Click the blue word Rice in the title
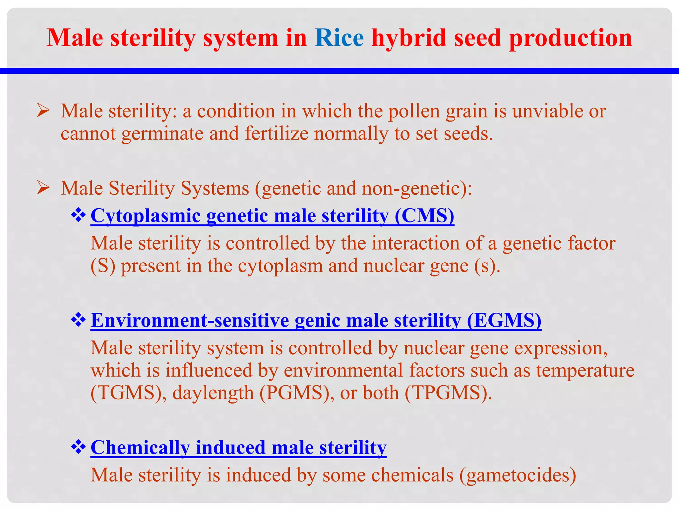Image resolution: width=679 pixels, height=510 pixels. [x=339, y=38]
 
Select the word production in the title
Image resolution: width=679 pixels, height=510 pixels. [x=570, y=38]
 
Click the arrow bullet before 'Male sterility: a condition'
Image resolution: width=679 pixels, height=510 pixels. [x=43, y=111]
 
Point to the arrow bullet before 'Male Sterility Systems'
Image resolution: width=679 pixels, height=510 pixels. [x=43, y=188]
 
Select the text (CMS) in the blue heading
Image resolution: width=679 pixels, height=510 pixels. [x=424, y=216]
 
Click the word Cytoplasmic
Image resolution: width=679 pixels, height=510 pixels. [x=146, y=216]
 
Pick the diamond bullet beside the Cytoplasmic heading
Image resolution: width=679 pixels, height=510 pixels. [x=78, y=215]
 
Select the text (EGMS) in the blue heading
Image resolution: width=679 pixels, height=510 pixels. [x=504, y=321]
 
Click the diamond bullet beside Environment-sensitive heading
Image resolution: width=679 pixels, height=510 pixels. [x=78, y=320]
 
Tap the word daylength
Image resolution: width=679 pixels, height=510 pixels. [x=213, y=393]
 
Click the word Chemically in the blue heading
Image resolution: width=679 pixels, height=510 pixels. [x=140, y=448]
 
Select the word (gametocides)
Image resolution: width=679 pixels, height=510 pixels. [x=518, y=475]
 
